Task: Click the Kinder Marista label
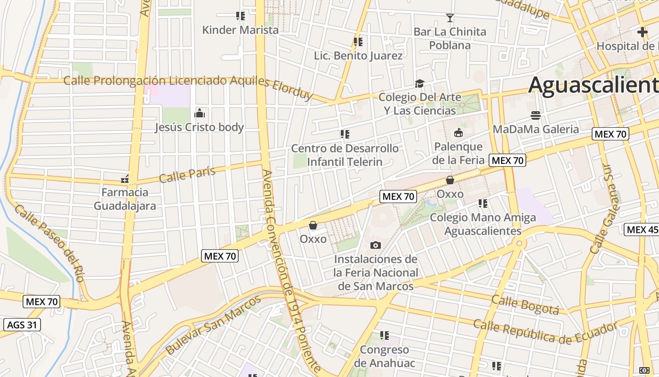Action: pyautogui.click(x=240, y=30)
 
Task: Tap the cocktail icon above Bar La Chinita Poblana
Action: pyautogui.click(x=450, y=18)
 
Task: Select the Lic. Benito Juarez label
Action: pyautogui.click(x=358, y=56)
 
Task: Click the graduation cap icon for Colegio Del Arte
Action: pyautogui.click(x=419, y=84)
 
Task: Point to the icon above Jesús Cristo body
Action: pyautogui.click(x=200, y=113)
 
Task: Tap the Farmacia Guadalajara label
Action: pyautogui.click(x=125, y=199)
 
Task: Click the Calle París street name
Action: pyautogui.click(x=187, y=174)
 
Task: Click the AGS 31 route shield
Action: pyautogui.click(x=22, y=325)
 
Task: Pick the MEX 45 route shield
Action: pyautogui.click(x=641, y=229)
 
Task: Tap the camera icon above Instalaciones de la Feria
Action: pyautogui.click(x=376, y=245)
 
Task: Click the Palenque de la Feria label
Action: pyautogui.click(x=458, y=153)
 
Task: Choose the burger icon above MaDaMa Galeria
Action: pyautogui.click(x=536, y=115)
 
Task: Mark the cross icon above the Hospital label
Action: pyautogui.click(x=642, y=33)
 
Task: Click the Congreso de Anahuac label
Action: pyautogui.click(x=385, y=356)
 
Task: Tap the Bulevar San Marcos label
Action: pyautogui.click(x=213, y=325)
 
